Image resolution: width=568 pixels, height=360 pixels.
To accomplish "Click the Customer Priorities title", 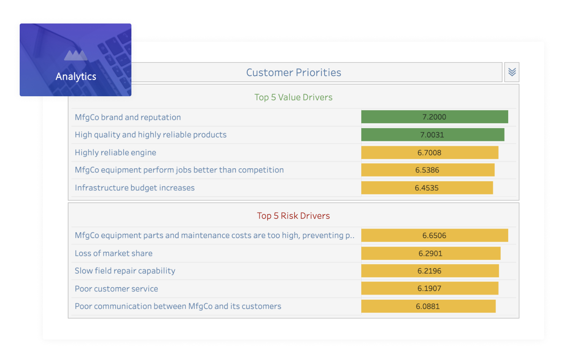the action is pos(293,72).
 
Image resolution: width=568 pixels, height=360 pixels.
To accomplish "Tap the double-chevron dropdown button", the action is pos(512,72).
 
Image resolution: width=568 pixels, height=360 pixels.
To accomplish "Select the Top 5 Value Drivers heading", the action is pos(293,97).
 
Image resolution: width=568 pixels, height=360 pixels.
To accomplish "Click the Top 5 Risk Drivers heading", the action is pos(293,216).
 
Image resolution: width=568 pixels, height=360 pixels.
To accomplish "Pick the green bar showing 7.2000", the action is pos(435,117).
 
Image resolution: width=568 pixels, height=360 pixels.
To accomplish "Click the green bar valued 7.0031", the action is pos(433,135).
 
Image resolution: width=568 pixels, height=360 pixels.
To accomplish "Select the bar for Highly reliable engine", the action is pos(430,152).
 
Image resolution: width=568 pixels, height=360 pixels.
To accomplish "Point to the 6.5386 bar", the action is pos(428,170).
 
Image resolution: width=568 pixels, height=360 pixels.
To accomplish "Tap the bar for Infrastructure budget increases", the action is pos(427,188).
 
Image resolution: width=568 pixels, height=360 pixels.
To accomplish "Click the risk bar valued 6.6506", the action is pos(435,235).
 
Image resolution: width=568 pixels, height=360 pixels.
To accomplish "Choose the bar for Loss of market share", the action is pos(431,253).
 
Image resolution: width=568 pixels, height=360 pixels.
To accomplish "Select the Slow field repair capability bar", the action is pos(430,271).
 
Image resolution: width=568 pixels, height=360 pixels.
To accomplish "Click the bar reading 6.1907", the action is pos(430,288).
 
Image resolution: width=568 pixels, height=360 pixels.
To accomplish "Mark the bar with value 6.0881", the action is pos(429,306).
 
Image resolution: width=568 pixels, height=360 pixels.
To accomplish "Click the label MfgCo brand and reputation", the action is pos(128,117).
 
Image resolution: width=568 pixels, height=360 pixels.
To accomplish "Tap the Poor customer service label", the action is pos(116,289).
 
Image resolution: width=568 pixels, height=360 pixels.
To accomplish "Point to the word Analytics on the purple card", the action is pos(76,77).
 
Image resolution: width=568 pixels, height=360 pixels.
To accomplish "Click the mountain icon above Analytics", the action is pos(76,55).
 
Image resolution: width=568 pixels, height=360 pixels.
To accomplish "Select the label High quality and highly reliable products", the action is pos(151,135).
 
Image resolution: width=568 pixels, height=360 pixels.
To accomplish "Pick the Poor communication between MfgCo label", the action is pos(178,306).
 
